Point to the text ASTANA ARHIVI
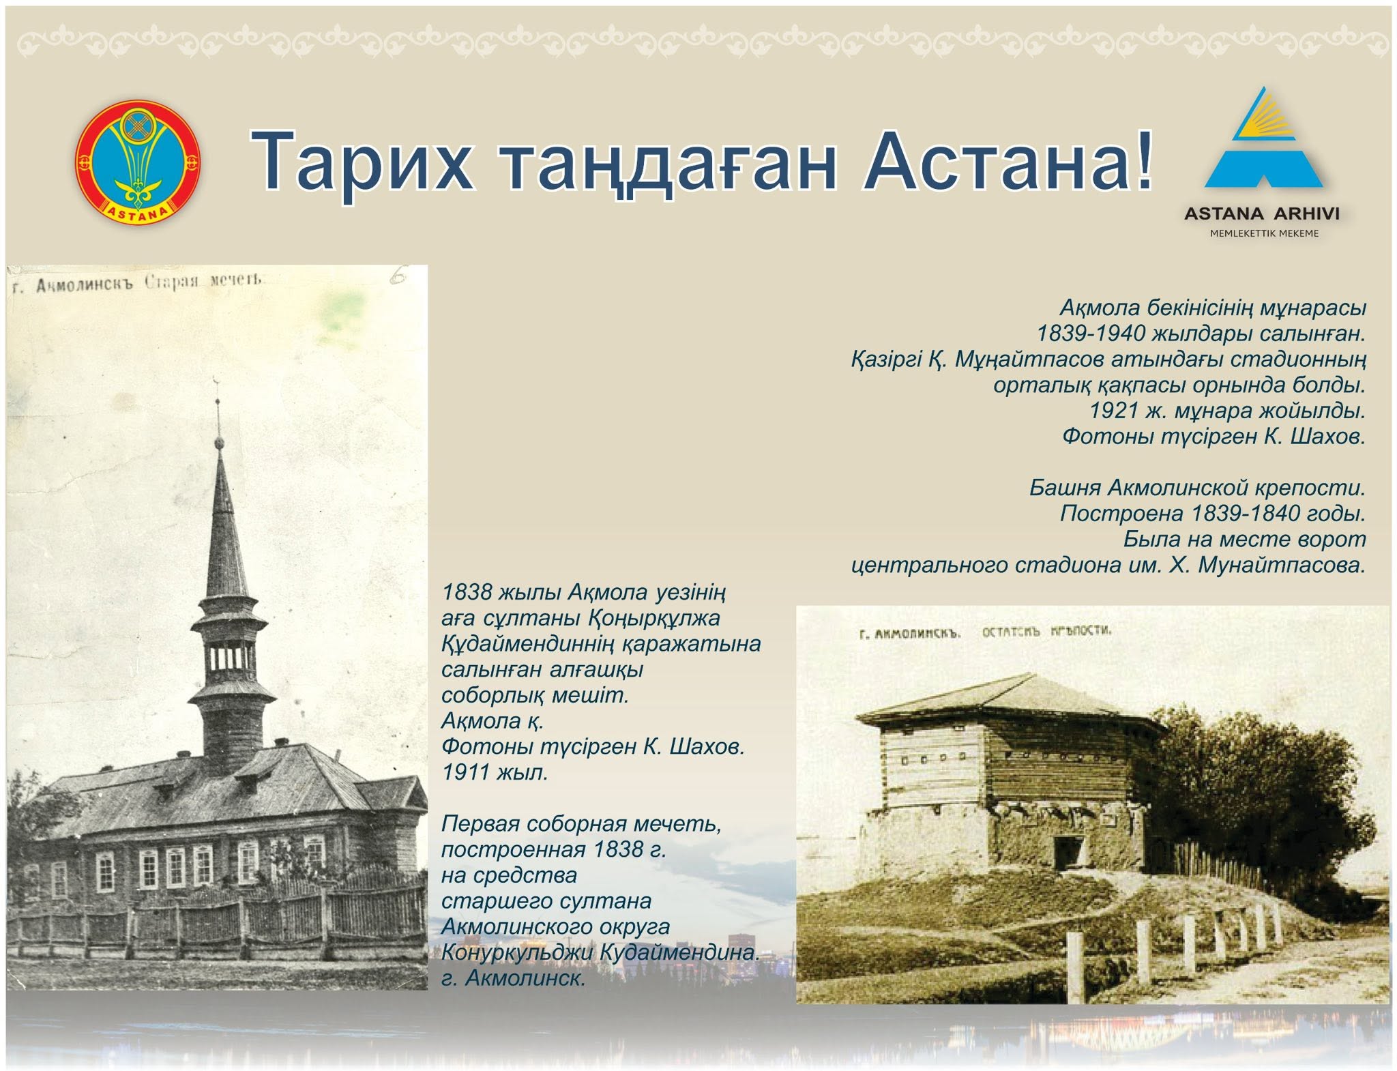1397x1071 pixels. pyautogui.click(x=1262, y=214)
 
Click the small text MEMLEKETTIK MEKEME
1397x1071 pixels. pyautogui.click(x=1264, y=233)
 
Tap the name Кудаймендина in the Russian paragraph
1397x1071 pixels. pyautogui.click(x=679, y=952)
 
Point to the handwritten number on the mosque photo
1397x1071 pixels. pyautogui.click(x=398, y=276)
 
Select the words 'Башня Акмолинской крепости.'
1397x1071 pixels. pyautogui.click(x=1197, y=488)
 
